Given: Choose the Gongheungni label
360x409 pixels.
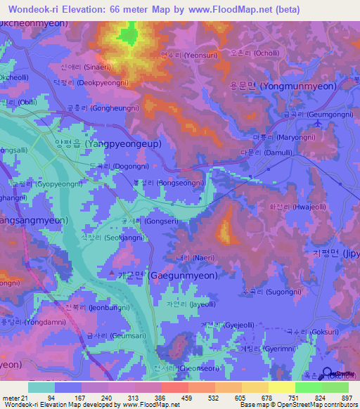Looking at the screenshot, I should click(99, 110).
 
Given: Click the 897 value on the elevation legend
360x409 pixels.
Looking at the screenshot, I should click(346, 397).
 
